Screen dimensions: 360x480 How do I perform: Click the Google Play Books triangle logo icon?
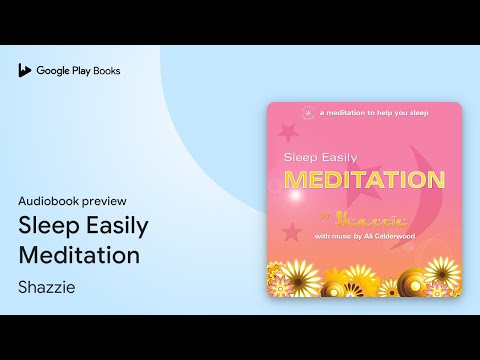tap(24, 71)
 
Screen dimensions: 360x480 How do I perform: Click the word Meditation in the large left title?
tap(79, 255)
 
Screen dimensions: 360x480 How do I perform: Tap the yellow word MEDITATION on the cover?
tap(364, 180)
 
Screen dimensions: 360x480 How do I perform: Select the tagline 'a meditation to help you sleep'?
tap(374, 114)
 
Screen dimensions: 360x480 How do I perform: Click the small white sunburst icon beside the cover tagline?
tap(306, 114)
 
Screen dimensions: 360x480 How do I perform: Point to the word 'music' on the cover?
tap(350, 236)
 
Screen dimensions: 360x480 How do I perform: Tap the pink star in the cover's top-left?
tap(290, 130)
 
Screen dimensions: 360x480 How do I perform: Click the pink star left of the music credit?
tap(292, 232)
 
